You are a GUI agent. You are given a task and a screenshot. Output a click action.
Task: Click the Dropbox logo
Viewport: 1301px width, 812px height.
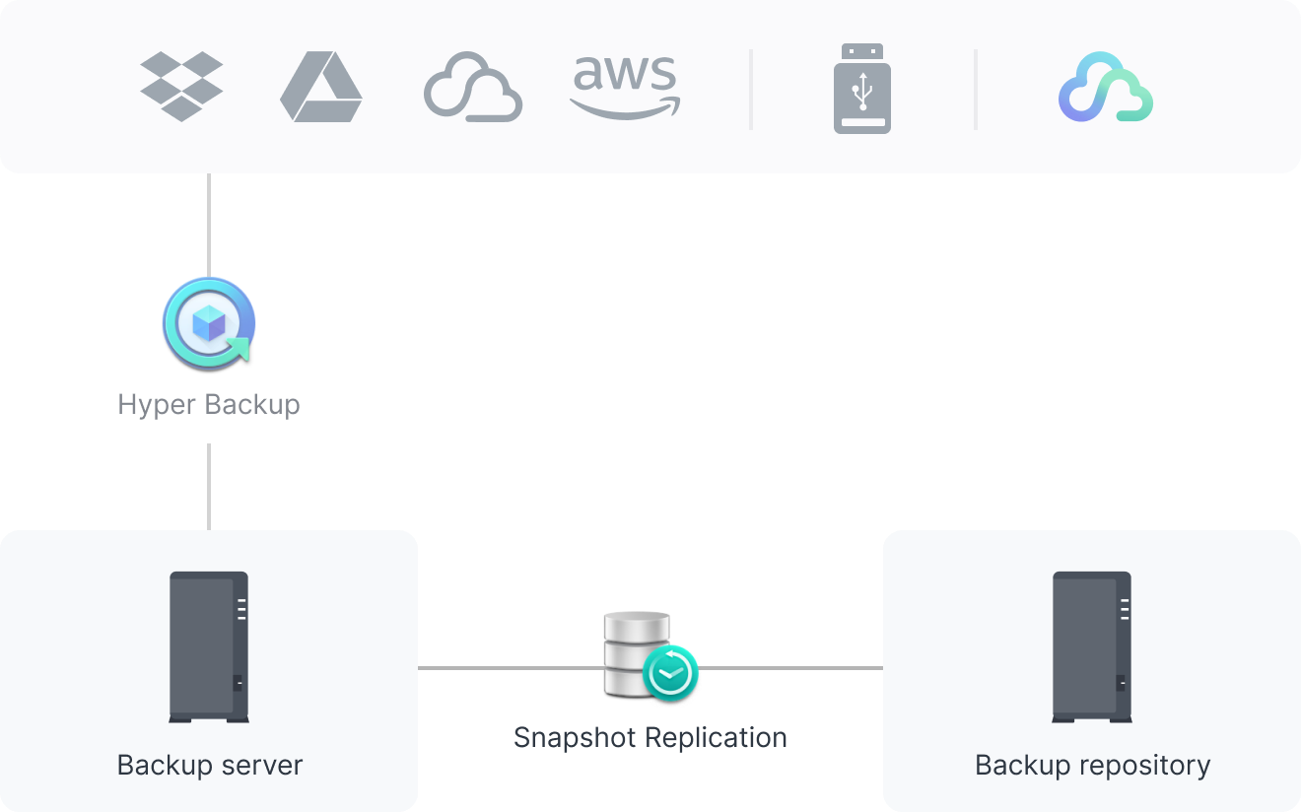181,87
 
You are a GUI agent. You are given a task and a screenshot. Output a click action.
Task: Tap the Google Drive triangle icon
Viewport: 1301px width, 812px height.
320,88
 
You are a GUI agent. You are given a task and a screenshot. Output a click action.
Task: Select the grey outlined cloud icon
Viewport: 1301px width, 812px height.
473,88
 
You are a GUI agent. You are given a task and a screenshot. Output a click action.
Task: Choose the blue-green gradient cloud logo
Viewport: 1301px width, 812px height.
1106,88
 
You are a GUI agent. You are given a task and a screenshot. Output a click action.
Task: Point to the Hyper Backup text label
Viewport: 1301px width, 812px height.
209,404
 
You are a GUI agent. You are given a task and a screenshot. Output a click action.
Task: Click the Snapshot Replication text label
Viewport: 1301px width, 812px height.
650,737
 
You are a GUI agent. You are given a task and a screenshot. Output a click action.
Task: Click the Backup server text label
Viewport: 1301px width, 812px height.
209,765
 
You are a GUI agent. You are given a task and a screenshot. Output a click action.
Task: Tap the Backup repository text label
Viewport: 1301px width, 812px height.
1092,765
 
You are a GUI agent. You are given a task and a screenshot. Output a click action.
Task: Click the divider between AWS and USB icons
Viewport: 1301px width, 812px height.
751,89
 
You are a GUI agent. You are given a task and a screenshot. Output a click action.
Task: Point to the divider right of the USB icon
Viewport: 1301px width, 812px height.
976,89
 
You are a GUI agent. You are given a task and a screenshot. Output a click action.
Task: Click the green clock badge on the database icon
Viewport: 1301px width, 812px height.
670,673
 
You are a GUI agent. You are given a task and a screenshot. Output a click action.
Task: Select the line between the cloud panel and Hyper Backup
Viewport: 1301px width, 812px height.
209,225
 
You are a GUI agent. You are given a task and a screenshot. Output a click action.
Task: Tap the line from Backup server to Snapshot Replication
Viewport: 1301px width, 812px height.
508,668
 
